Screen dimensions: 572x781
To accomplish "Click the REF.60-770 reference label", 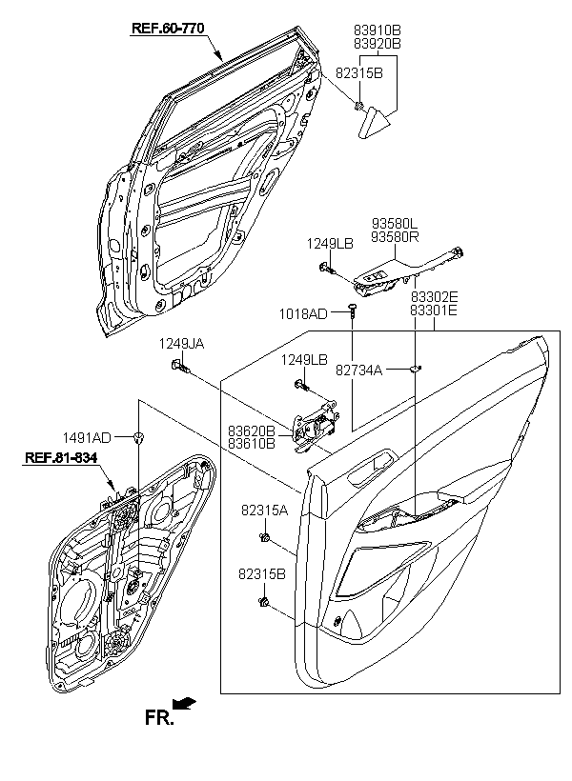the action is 168,29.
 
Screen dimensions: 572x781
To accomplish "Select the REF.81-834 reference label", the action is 61,457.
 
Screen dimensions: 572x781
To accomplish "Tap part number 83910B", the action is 378,30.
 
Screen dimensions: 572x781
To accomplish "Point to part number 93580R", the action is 395,237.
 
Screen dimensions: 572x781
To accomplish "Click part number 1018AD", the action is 303,313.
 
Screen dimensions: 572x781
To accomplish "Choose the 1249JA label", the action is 181,344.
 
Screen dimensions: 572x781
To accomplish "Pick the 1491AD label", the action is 87,437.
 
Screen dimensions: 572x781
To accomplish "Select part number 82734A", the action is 359,370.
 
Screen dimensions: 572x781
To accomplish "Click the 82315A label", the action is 265,511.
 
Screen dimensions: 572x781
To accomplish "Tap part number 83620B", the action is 252,431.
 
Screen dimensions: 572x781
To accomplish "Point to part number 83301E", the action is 434,310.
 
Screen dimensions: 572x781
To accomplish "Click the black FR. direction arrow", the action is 184,703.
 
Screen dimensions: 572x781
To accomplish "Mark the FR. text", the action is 159,718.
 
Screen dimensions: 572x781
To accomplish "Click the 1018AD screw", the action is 353,310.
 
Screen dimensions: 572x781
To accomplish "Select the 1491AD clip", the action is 138,438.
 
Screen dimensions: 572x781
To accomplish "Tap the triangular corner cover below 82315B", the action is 373,122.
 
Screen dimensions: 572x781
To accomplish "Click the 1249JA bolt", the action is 181,366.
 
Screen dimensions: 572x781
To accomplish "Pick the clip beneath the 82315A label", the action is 265,537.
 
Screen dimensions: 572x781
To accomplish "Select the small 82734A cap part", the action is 415,369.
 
